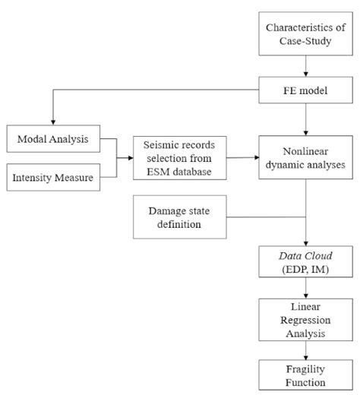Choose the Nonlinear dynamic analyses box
click(305, 158)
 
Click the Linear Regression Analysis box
click(305, 319)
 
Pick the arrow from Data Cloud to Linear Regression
click(305, 289)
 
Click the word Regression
click(305, 319)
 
